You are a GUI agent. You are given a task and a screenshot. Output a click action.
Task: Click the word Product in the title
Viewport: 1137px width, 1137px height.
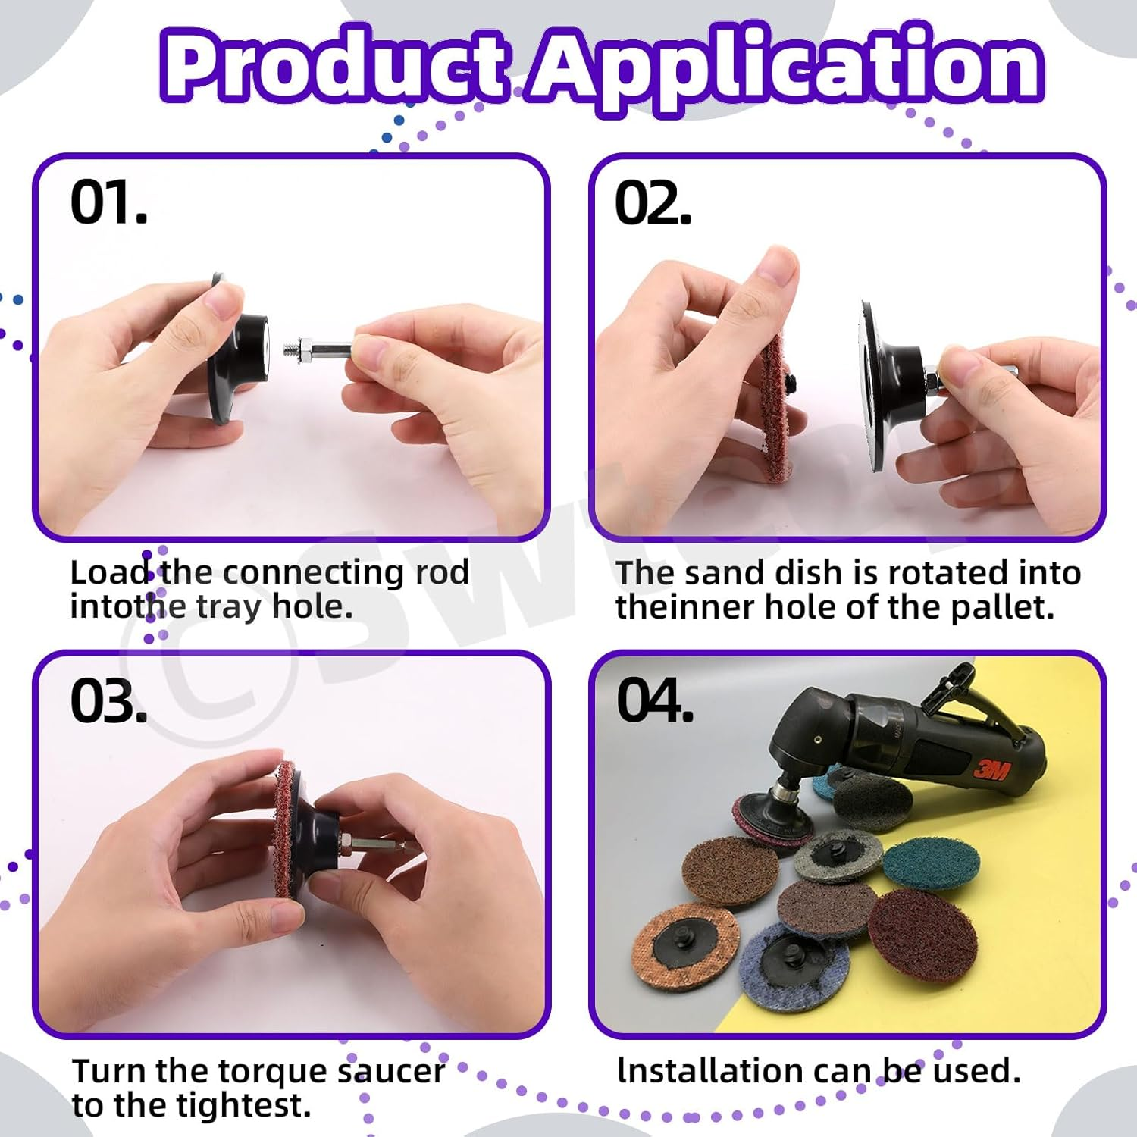pos(335,67)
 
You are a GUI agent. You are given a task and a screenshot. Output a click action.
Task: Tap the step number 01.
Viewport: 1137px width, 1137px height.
pos(108,203)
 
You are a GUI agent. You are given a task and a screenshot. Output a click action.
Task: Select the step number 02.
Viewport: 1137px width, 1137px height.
pos(653,204)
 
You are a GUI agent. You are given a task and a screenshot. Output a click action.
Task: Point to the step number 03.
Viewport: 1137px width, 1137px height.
pos(108,700)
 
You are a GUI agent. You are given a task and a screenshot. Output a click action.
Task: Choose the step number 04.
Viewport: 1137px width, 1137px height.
pos(655,700)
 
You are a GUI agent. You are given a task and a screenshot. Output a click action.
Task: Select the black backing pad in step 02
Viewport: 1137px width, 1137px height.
pos(891,387)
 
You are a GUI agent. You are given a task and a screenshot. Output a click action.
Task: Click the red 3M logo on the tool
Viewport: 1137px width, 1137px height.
pos(991,770)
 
